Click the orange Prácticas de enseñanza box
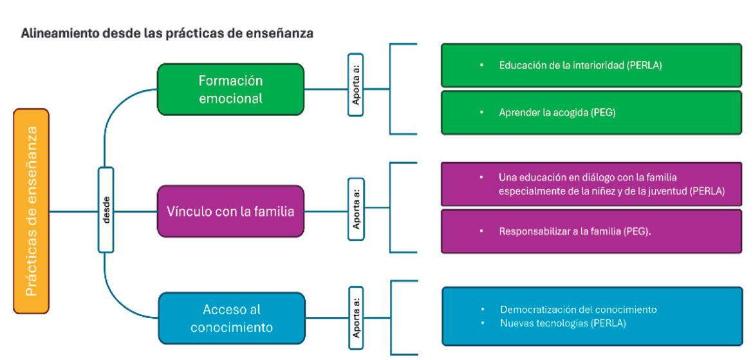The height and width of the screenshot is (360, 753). pyautogui.click(x=31, y=211)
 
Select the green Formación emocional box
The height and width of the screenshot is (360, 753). pyautogui.click(x=230, y=90)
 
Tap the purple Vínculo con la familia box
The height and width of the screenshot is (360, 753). pyautogui.click(x=230, y=211)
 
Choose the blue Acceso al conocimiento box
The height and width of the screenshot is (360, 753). pyautogui.click(x=230, y=318)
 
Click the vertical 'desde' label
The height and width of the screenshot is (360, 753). pyautogui.click(x=106, y=210)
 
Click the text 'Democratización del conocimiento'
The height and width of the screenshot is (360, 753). pyautogui.click(x=579, y=310)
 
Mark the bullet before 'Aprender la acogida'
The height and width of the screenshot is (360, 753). pyautogui.click(x=481, y=112)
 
